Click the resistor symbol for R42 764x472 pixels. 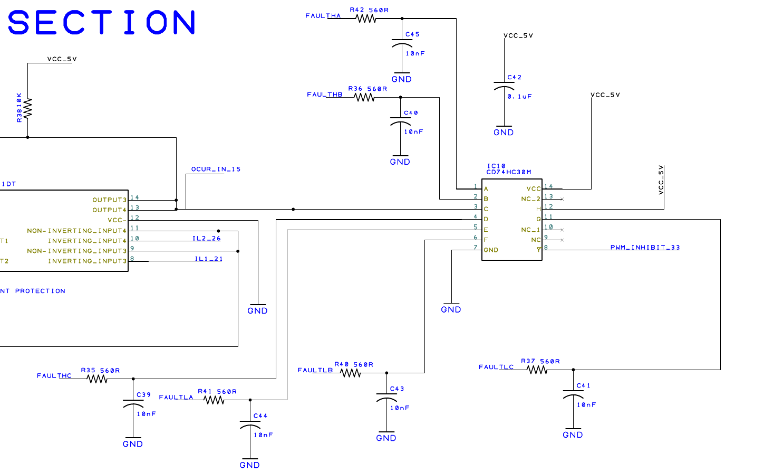coord(366,18)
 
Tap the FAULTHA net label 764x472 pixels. coord(323,16)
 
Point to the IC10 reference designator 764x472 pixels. coord(496,166)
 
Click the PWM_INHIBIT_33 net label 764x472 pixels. coord(645,247)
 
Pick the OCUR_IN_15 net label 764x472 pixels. coord(216,169)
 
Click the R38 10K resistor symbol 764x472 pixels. coord(27,108)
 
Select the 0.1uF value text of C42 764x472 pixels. coord(520,97)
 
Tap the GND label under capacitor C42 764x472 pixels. coord(504,133)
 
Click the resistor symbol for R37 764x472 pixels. coord(537,370)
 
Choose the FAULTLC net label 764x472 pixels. coord(496,367)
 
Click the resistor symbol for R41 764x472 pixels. coord(214,400)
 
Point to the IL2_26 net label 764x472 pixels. coord(207,239)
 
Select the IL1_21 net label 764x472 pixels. coord(209,259)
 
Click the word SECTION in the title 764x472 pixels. coord(101,23)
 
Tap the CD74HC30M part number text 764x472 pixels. coord(509,172)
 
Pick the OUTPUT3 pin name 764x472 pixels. coord(110,200)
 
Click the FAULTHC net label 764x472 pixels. coord(54,376)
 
